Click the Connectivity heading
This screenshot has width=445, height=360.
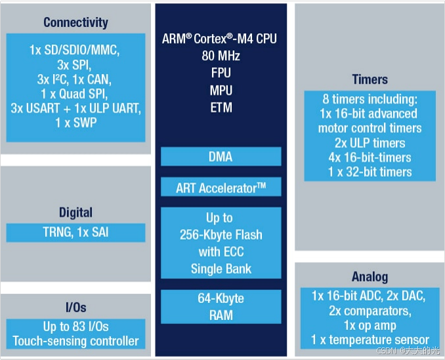75,22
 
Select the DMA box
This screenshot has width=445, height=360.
221,157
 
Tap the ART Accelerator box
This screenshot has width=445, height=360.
221,188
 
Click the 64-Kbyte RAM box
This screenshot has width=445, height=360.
221,306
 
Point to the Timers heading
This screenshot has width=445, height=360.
370,79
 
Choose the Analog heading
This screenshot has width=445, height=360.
370,277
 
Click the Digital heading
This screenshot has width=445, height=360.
75,212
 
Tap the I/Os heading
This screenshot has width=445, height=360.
75,308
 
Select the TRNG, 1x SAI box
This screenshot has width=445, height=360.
75,232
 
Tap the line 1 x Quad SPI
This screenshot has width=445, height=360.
75,94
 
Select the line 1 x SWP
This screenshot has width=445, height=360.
75,123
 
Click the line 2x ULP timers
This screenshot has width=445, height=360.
370,143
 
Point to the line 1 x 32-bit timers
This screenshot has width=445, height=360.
370,172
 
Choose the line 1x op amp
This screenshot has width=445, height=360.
370,326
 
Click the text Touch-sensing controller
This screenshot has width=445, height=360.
75,341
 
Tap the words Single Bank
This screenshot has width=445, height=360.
221,269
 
